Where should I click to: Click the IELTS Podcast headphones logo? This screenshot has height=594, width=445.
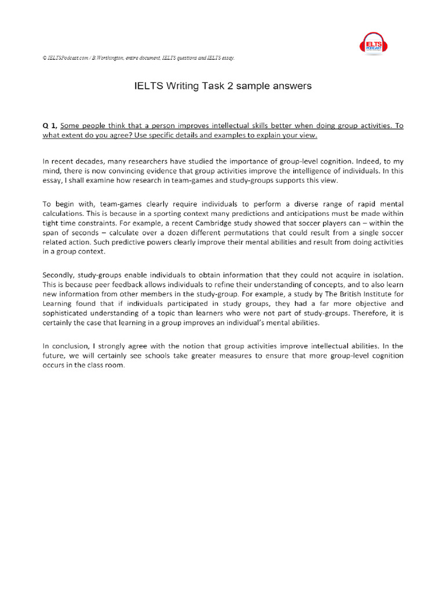click(x=377, y=44)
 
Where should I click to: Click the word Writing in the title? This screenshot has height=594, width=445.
click(x=180, y=86)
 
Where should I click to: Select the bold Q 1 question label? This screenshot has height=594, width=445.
click(x=50, y=126)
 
